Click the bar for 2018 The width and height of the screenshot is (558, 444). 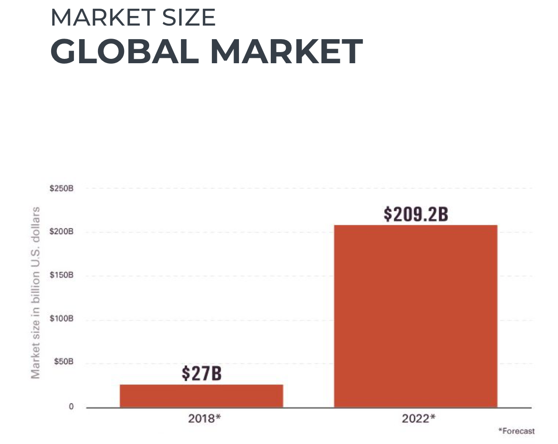tap(201, 396)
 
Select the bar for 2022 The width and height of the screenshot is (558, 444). tap(416, 316)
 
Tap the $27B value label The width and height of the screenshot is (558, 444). tap(201, 373)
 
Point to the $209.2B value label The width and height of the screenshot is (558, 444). tap(416, 214)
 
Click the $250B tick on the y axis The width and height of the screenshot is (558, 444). tap(61, 188)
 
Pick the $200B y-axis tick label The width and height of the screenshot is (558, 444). tap(61, 232)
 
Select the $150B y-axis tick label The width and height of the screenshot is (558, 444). tap(61, 276)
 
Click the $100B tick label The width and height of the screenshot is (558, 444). tap(61, 319)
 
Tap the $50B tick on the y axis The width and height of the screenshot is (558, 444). tap(63, 362)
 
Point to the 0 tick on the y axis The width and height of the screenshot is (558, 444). tap(71, 407)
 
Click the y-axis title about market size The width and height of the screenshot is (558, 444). tap(35, 292)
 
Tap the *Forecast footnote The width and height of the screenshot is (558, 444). tap(516, 431)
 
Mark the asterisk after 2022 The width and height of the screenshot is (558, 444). tap(433, 416)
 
